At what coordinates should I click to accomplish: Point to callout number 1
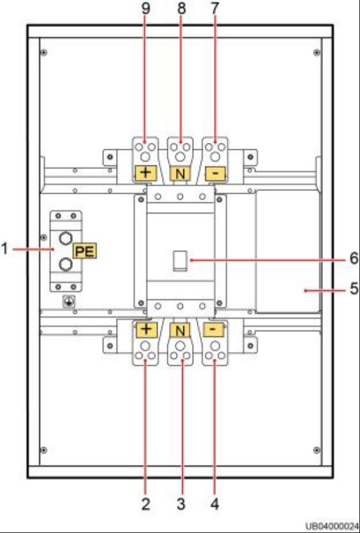[5, 249]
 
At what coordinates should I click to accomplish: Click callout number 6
[354, 259]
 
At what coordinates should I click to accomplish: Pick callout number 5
[354, 289]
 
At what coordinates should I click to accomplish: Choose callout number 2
[145, 505]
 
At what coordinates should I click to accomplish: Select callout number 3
[181, 505]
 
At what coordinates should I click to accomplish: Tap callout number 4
[214, 505]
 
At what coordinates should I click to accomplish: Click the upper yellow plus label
[146, 173]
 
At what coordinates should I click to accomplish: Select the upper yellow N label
[181, 174]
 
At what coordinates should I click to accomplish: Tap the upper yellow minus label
[215, 174]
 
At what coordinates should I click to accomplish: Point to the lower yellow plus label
[146, 329]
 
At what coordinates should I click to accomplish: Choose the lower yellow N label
[181, 329]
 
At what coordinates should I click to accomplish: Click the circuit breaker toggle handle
[180, 261]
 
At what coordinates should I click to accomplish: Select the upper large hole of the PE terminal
[65, 238]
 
